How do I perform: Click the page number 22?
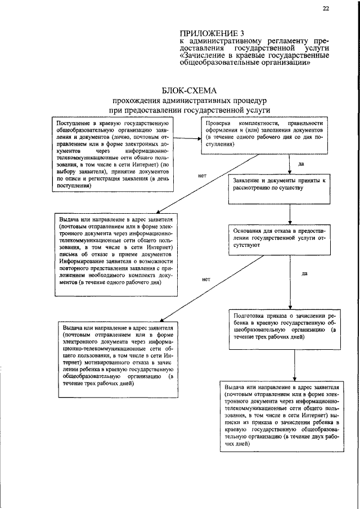click(x=326, y=8)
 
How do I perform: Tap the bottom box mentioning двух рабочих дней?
click(x=281, y=416)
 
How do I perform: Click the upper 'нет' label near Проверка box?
click(x=202, y=175)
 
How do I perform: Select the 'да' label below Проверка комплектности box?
click(x=301, y=164)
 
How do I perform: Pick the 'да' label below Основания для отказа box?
click(x=304, y=274)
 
